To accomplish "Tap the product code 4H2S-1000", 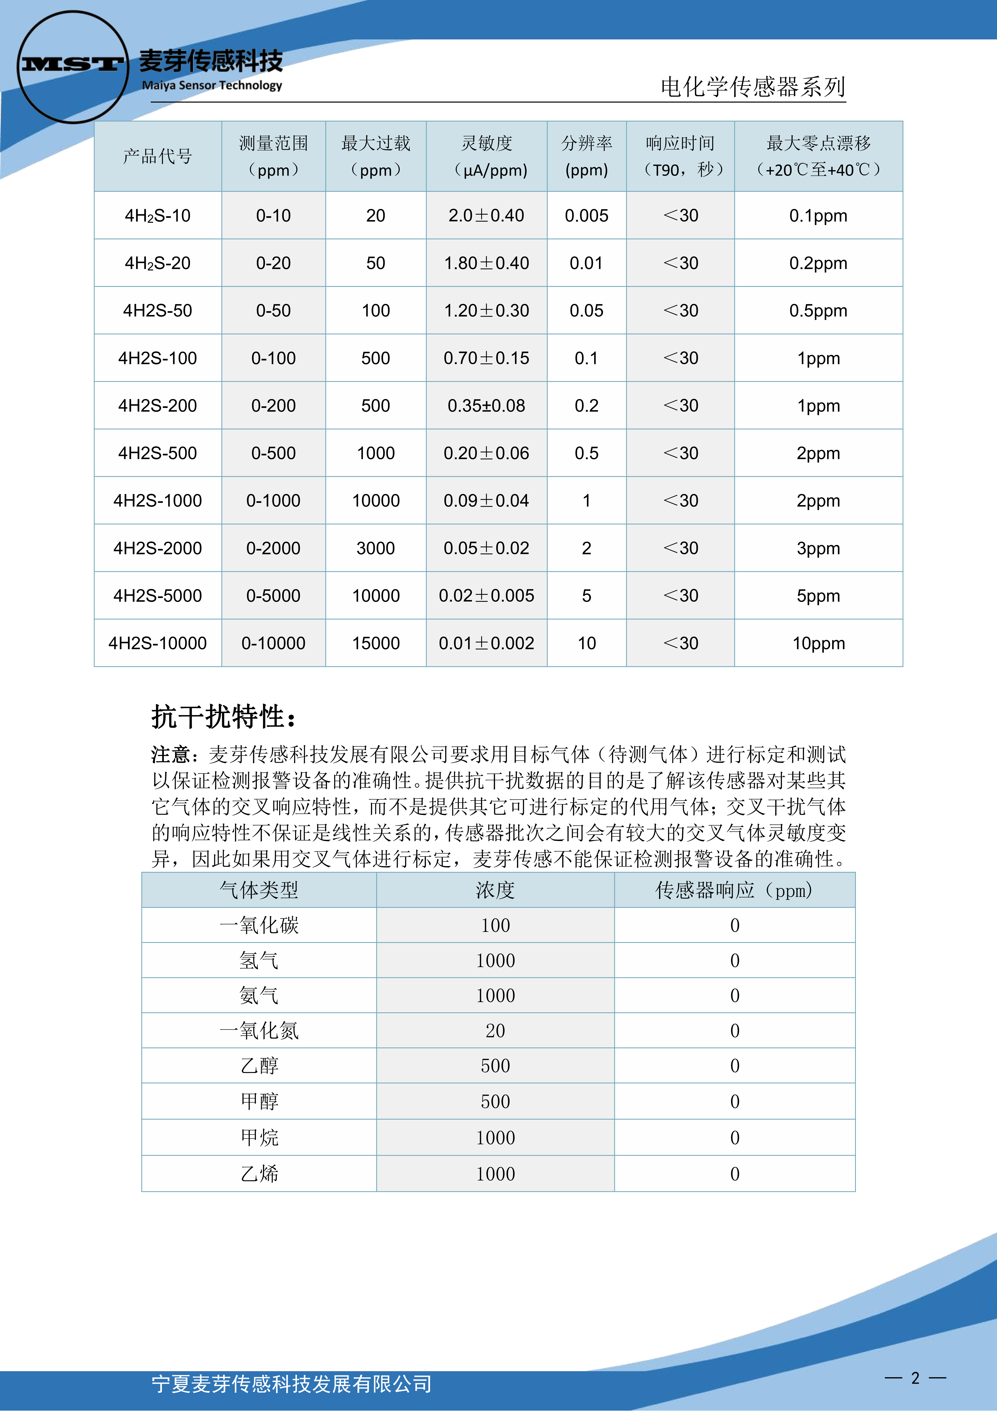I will pyautogui.click(x=157, y=501).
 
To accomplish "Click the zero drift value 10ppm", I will pyautogui.click(x=818, y=643).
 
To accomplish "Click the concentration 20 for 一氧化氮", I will pyautogui.click(x=495, y=1031).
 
